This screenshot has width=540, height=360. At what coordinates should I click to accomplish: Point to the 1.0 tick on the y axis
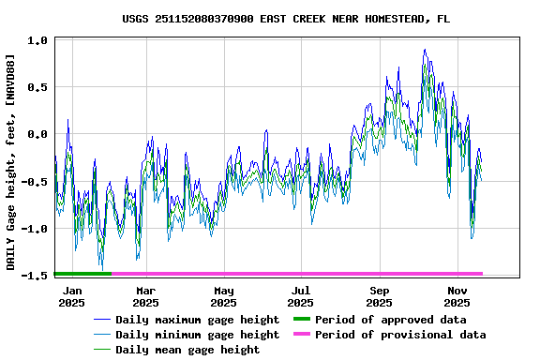[38, 41]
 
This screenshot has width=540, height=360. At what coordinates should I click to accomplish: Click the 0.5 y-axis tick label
[38, 88]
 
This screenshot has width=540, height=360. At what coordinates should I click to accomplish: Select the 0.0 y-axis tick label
[38, 135]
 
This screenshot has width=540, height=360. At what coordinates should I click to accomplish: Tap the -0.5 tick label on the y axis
[35, 182]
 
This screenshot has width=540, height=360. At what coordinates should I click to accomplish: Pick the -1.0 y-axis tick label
[35, 229]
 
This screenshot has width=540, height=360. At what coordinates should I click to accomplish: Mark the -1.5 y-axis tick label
[35, 276]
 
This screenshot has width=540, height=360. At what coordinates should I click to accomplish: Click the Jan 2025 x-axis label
[71, 296]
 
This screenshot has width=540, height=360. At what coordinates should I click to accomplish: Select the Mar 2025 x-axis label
[145, 296]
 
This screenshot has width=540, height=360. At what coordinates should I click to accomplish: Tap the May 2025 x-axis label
[223, 296]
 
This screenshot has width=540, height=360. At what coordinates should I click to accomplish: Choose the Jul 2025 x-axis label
[300, 296]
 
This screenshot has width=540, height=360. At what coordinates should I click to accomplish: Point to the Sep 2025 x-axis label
[379, 296]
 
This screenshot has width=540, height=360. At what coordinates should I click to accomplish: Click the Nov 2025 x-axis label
[457, 296]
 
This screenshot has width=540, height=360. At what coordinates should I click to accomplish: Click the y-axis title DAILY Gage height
[10, 162]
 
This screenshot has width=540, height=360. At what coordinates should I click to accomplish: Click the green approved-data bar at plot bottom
[82, 274]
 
